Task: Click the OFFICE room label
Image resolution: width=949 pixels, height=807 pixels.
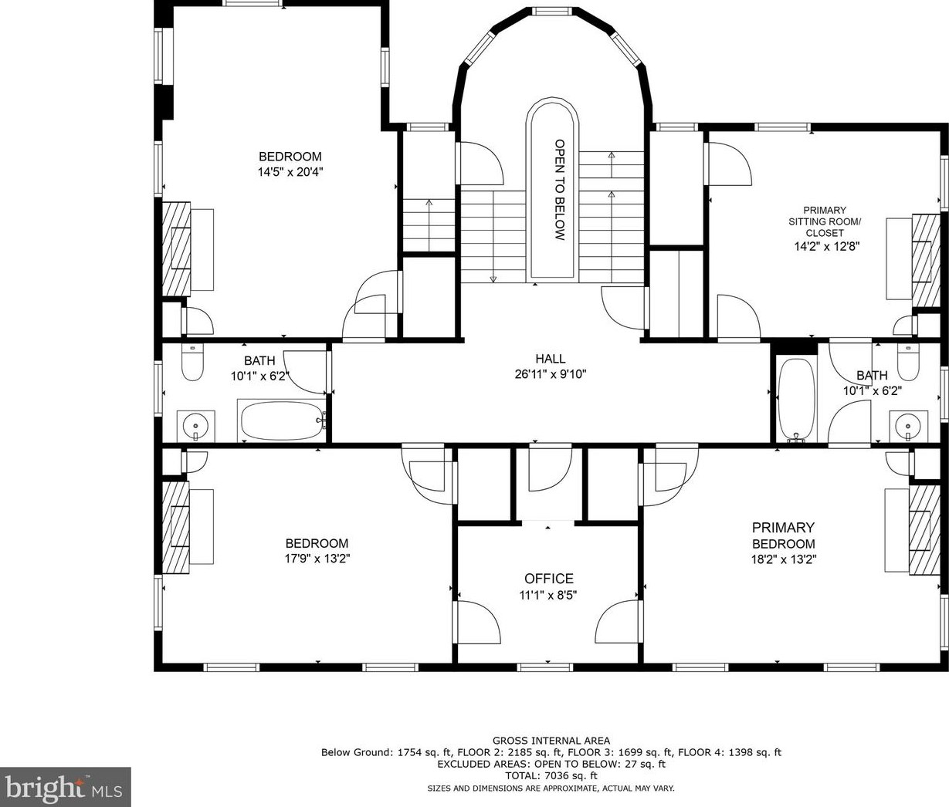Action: click(x=549, y=579)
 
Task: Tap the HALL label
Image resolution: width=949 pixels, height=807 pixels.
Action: click(x=551, y=358)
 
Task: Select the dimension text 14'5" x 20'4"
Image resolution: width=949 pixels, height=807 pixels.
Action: click(x=290, y=172)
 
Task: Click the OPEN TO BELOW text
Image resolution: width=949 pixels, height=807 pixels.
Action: click(x=560, y=190)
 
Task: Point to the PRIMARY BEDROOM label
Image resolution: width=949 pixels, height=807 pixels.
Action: click(x=783, y=535)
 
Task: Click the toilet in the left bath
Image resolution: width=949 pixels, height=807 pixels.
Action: click(x=192, y=362)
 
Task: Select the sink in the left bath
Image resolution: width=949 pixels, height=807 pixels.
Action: click(x=195, y=426)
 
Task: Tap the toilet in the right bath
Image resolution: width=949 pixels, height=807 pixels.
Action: click(x=908, y=363)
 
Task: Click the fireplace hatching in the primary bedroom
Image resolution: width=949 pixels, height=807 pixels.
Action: click(x=924, y=530)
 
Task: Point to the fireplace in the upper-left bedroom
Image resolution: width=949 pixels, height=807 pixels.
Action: click(x=177, y=249)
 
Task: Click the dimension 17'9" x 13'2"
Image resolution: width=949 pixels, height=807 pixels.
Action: click(x=317, y=559)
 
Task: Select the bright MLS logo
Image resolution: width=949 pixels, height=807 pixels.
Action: click(x=65, y=787)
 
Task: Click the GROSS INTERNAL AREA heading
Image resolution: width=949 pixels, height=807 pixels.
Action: click(x=551, y=741)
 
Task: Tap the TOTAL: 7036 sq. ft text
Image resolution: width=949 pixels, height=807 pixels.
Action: click(x=551, y=776)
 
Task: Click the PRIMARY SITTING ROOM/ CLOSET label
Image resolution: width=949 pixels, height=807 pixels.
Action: click(x=825, y=221)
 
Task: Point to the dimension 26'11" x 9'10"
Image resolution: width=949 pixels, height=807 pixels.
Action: click(x=551, y=374)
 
